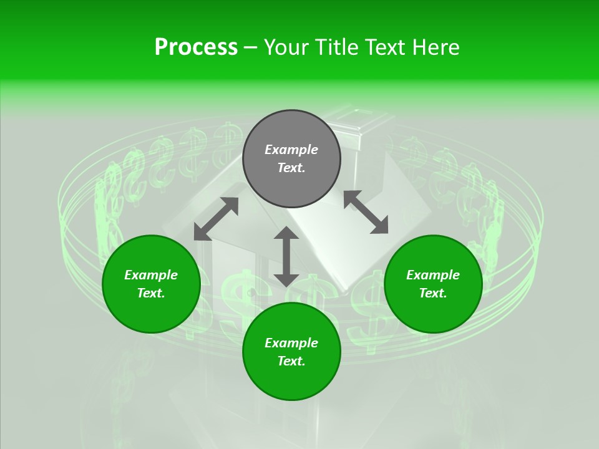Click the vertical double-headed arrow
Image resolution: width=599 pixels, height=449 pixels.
click(x=286, y=256)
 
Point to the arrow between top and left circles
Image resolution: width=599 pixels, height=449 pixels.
click(x=216, y=218)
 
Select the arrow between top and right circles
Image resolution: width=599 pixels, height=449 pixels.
click(x=366, y=212)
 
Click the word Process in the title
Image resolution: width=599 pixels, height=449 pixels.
click(x=196, y=47)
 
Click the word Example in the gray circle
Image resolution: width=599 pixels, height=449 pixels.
click(x=291, y=150)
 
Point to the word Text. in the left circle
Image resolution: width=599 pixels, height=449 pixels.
click(x=151, y=293)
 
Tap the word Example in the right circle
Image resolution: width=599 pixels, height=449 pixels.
click(x=433, y=275)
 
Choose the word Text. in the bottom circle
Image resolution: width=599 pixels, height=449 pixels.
click(x=291, y=361)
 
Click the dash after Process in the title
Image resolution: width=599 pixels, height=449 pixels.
click(x=251, y=47)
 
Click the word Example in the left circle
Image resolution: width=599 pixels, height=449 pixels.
click(x=151, y=275)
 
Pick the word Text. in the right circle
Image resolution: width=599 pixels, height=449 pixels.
click(x=433, y=293)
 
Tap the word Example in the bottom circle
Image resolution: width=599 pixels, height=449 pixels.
click(x=291, y=343)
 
